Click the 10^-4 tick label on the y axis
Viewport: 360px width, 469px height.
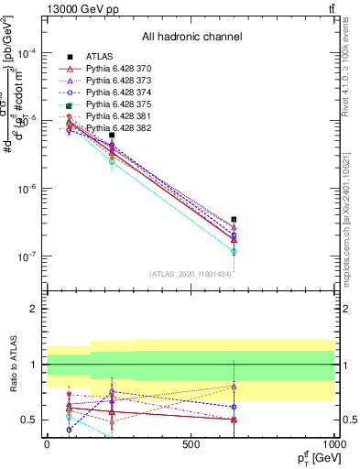point(25,53)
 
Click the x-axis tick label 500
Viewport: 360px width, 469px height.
point(191,444)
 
